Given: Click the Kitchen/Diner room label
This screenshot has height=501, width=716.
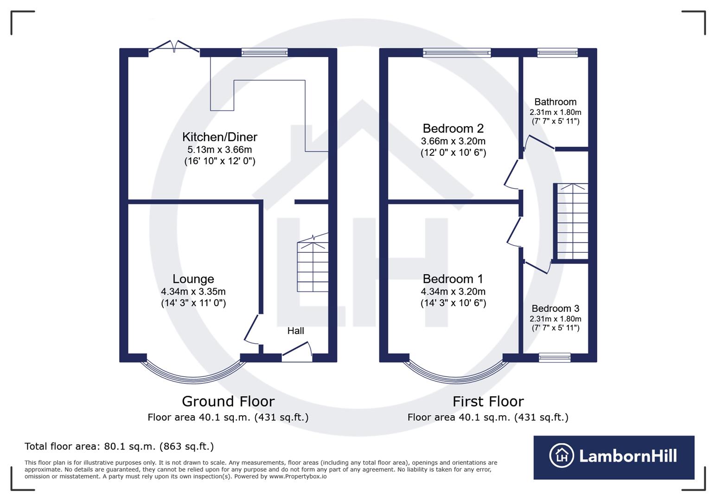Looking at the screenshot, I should tap(219, 137).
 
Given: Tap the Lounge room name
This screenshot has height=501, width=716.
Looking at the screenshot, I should tap(193, 279).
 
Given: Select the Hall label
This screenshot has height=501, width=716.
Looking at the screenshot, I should tap(295, 331).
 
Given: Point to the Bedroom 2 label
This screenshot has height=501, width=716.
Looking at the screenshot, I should tap(453, 128).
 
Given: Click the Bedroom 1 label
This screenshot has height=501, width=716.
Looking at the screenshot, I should tap(453, 279).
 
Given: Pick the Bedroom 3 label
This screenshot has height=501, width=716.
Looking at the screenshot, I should tap(555, 308).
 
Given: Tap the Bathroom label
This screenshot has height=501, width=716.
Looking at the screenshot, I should tap(555, 102).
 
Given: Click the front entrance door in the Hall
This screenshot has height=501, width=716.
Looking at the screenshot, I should tap(297, 353).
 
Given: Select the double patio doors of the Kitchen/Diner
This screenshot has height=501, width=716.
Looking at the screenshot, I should tap(174, 47).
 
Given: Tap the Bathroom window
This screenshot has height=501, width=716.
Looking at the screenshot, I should tap(557, 53).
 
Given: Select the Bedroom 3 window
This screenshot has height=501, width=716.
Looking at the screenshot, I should tap(555, 357).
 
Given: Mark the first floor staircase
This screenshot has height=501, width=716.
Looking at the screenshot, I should tap(572, 222).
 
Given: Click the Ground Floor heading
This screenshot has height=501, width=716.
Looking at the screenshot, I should tap(228, 401).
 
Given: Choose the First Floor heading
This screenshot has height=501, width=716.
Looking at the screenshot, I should tap(488, 401).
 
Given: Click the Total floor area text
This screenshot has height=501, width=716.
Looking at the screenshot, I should tap(119, 446).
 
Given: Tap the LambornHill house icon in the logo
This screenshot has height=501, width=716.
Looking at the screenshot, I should tap(562, 456).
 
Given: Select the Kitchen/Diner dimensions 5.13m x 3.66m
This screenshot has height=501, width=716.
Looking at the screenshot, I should tap(219, 149).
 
